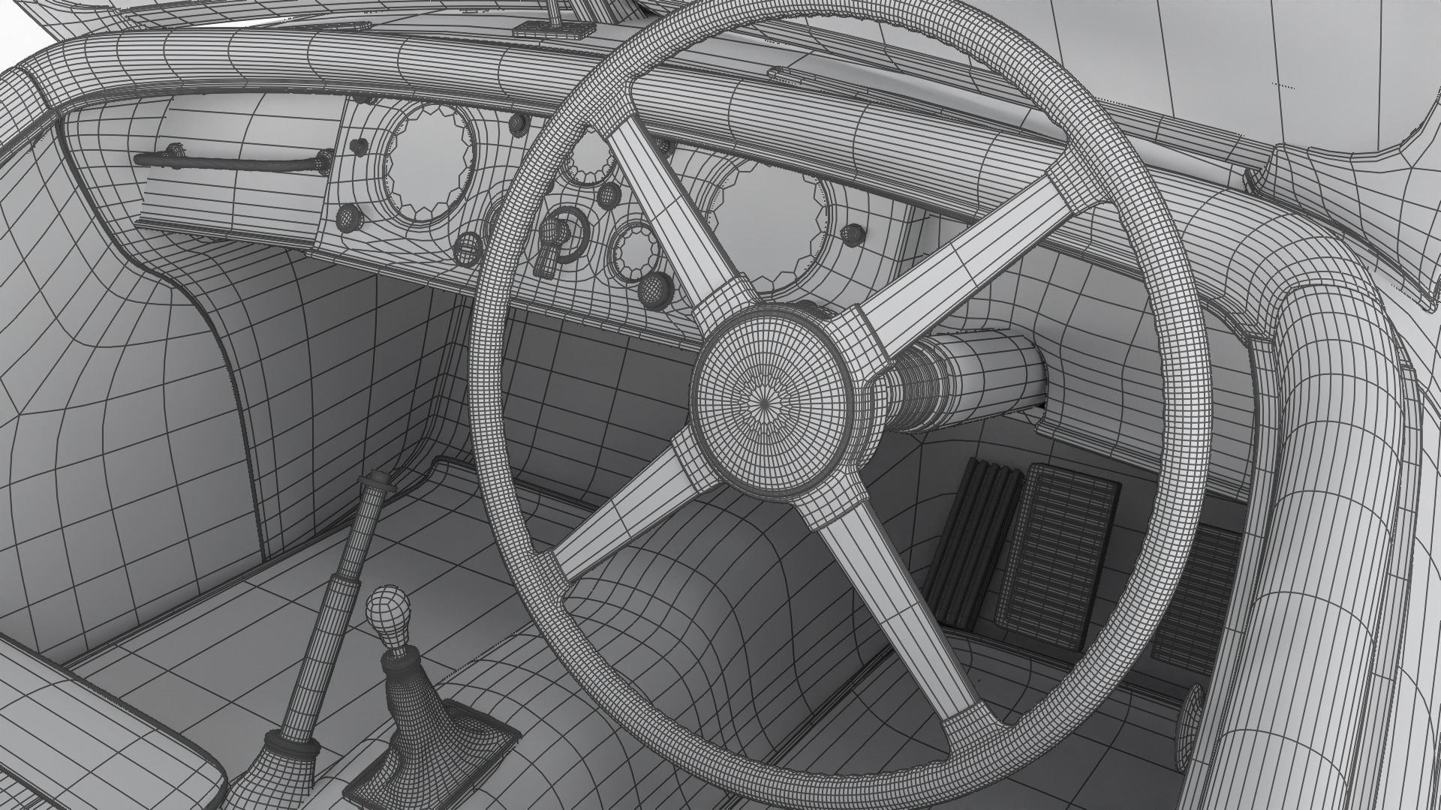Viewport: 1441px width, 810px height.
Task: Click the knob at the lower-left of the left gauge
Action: tap(349, 217)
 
